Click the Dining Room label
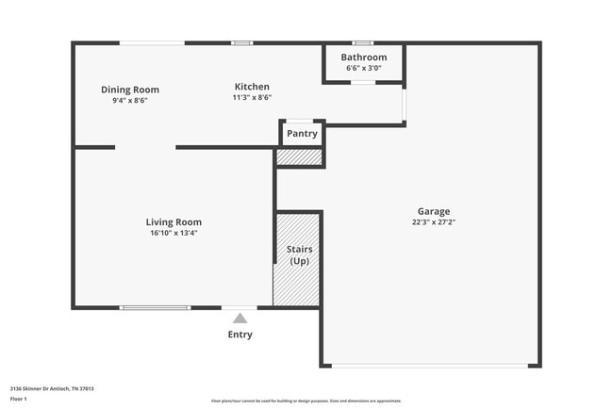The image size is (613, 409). click(x=130, y=90)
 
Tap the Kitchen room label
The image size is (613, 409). click(x=252, y=87)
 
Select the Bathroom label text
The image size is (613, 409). click(x=365, y=57)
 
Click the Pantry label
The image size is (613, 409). click(x=302, y=133)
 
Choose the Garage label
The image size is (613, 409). click(x=434, y=211)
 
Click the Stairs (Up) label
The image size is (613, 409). click(x=299, y=254)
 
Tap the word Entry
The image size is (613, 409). click(x=240, y=335)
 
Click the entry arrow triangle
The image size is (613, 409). click(x=240, y=319)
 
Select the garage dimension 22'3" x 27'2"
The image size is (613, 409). click(x=434, y=222)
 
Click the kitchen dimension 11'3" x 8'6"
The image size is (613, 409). click(x=252, y=97)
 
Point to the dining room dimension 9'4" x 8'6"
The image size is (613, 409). click(x=130, y=100)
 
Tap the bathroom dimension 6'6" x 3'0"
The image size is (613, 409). click(x=365, y=68)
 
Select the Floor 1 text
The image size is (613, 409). click(x=20, y=399)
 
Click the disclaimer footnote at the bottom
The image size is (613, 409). click(x=306, y=401)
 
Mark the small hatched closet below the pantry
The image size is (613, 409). click(x=300, y=157)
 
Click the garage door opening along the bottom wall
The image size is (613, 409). click(x=432, y=366)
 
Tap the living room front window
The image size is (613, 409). click(x=155, y=307)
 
